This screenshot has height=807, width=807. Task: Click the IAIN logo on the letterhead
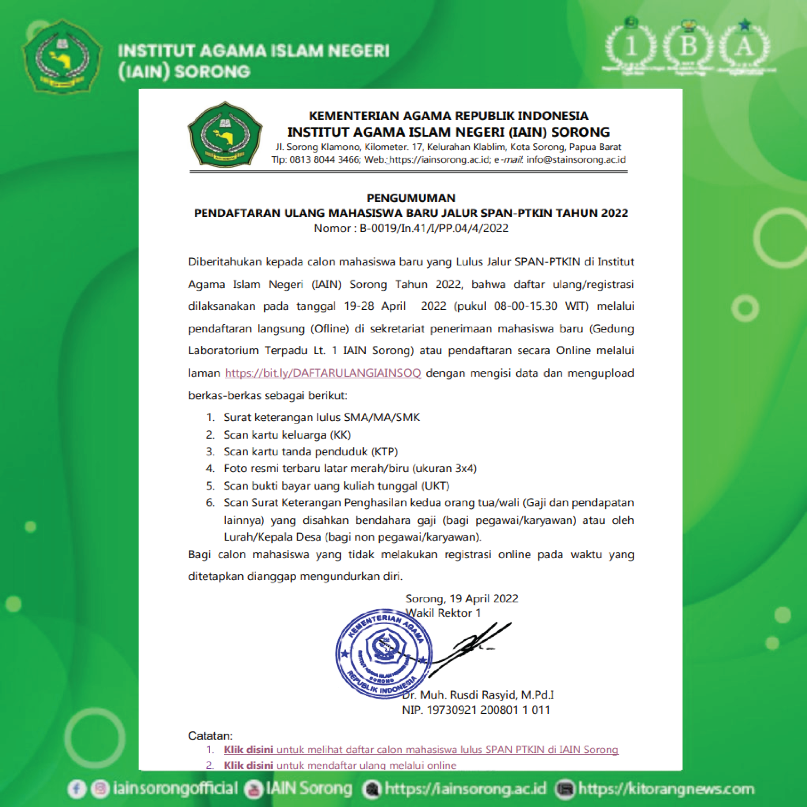(x=225, y=135)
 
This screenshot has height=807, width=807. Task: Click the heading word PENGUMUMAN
(x=411, y=198)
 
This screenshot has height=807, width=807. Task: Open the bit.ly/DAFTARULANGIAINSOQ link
(x=323, y=373)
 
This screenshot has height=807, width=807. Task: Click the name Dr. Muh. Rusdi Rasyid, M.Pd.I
(x=478, y=695)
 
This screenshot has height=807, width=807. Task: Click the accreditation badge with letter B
(x=688, y=47)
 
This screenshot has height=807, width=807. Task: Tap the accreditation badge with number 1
(x=631, y=47)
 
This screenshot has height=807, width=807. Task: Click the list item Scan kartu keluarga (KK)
(x=287, y=435)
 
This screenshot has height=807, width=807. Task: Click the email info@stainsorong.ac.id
(x=576, y=160)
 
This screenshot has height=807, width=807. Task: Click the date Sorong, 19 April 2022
(x=462, y=599)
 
